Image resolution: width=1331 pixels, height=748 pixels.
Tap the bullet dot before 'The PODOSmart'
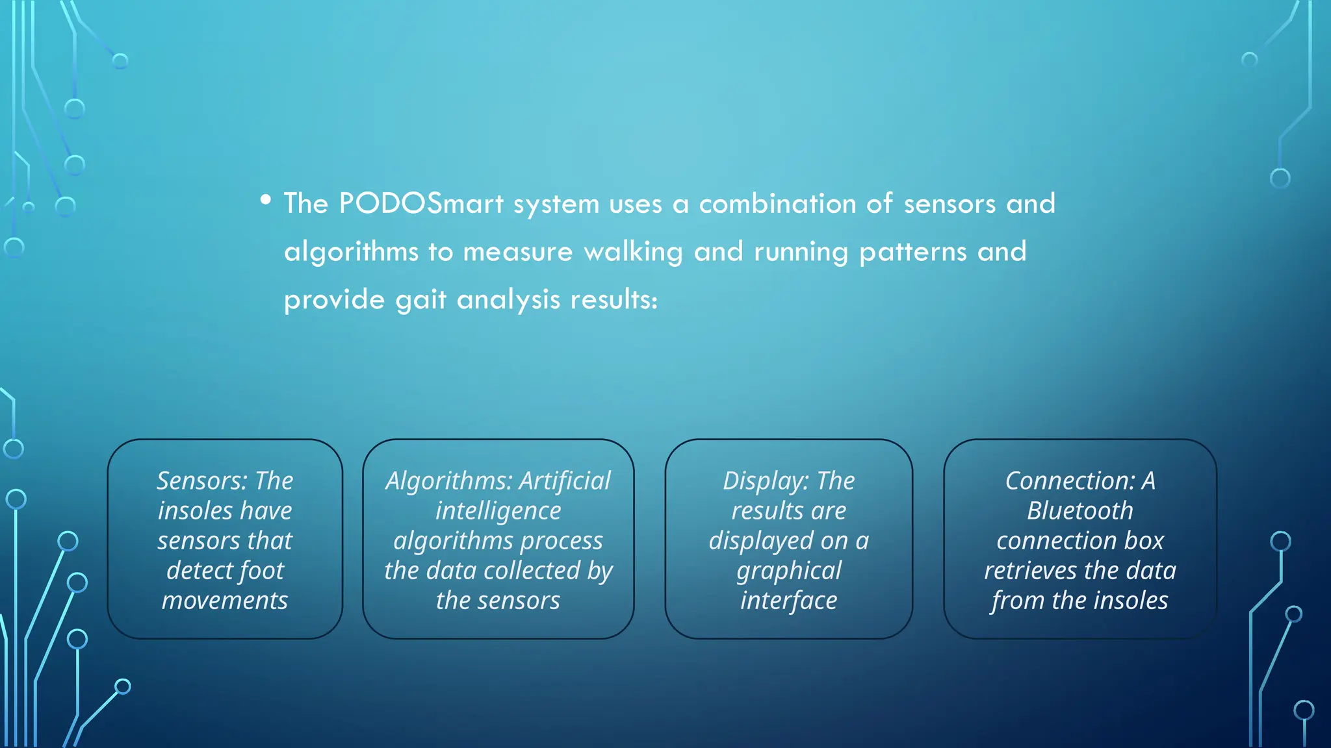coord(265,200)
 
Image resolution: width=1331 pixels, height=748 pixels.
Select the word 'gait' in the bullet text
coord(420,300)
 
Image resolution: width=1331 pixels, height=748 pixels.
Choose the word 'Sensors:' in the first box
coord(201,481)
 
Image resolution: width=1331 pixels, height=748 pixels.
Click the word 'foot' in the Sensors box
coord(263,571)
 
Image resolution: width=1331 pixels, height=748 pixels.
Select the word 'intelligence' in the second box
coord(498,511)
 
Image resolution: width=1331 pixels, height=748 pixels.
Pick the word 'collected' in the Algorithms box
coord(531,571)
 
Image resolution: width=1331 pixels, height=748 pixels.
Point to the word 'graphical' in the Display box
coord(788,571)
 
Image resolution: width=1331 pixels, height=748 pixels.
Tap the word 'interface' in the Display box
coord(788,601)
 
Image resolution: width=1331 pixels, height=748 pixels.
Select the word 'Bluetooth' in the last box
coord(1079,511)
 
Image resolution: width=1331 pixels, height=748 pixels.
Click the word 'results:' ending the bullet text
coord(614,300)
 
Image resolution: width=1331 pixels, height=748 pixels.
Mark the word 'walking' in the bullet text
coord(633,252)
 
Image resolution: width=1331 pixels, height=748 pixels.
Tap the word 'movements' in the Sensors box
coord(225,601)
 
